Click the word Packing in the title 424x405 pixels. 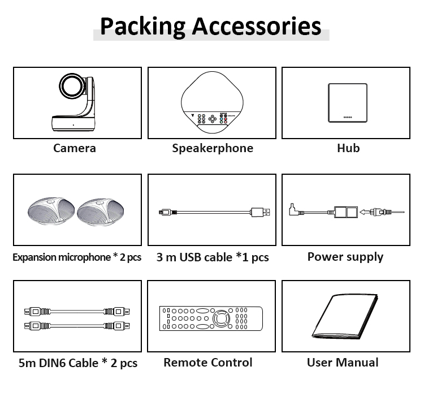tap(142, 26)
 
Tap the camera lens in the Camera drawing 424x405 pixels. tap(72, 88)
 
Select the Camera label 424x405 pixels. tap(75, 148)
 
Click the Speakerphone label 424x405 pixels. tap(213, 148)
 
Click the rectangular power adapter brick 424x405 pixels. tap(347, 212)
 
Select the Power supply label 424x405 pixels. tap(345, 257)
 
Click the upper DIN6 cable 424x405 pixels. tap(77, 311)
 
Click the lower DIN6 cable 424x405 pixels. tap(77, 325)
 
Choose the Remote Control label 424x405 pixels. tap(208, 363)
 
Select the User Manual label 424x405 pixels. tap(343, 363)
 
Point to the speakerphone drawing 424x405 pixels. tap(212, 104)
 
